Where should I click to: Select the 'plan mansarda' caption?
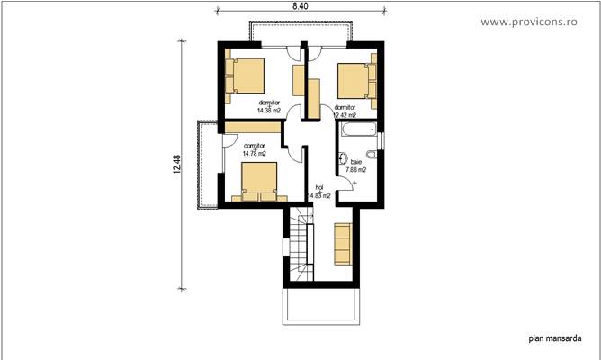(x=551, y=340)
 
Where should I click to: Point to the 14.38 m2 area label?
(x=269, y=110)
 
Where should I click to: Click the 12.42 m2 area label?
(x=345, y=115)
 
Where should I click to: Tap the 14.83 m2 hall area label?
(x=318, y=195)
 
